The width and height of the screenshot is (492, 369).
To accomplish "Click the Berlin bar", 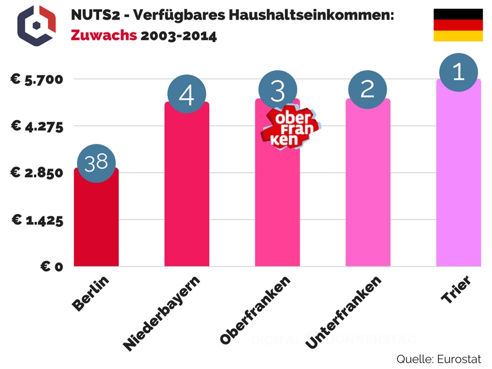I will (96, 221).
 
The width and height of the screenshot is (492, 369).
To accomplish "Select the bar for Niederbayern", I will (187, 191).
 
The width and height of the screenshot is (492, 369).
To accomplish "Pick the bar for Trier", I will (458, 178).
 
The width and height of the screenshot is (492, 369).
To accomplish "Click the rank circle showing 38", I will (96, 163).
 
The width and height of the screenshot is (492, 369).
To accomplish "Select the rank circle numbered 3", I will (277, 91).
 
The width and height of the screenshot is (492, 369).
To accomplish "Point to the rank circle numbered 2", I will (368, 90).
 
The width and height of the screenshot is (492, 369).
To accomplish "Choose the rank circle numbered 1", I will (458, 73).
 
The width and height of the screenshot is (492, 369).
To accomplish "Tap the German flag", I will (458, 25).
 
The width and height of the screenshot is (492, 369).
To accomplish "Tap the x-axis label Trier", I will (456, 288).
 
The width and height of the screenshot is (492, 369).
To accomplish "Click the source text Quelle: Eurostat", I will (438, 359).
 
